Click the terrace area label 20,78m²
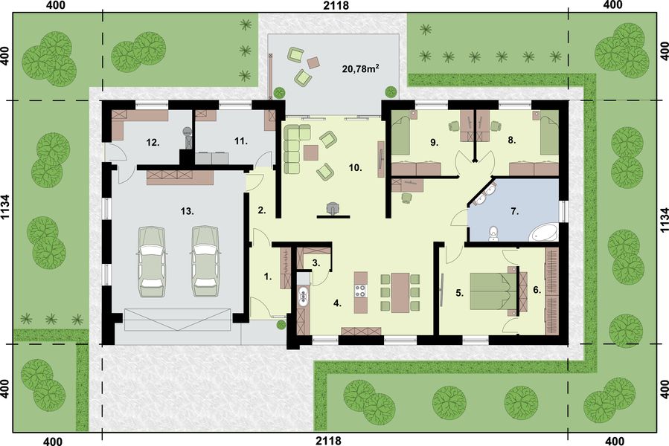click(361, 69)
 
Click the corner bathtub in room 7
click(545, 232)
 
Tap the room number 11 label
click(239, 140)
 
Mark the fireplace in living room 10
click(332, 209)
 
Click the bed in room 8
click(549, 133)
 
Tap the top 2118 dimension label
click(337, 6)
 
